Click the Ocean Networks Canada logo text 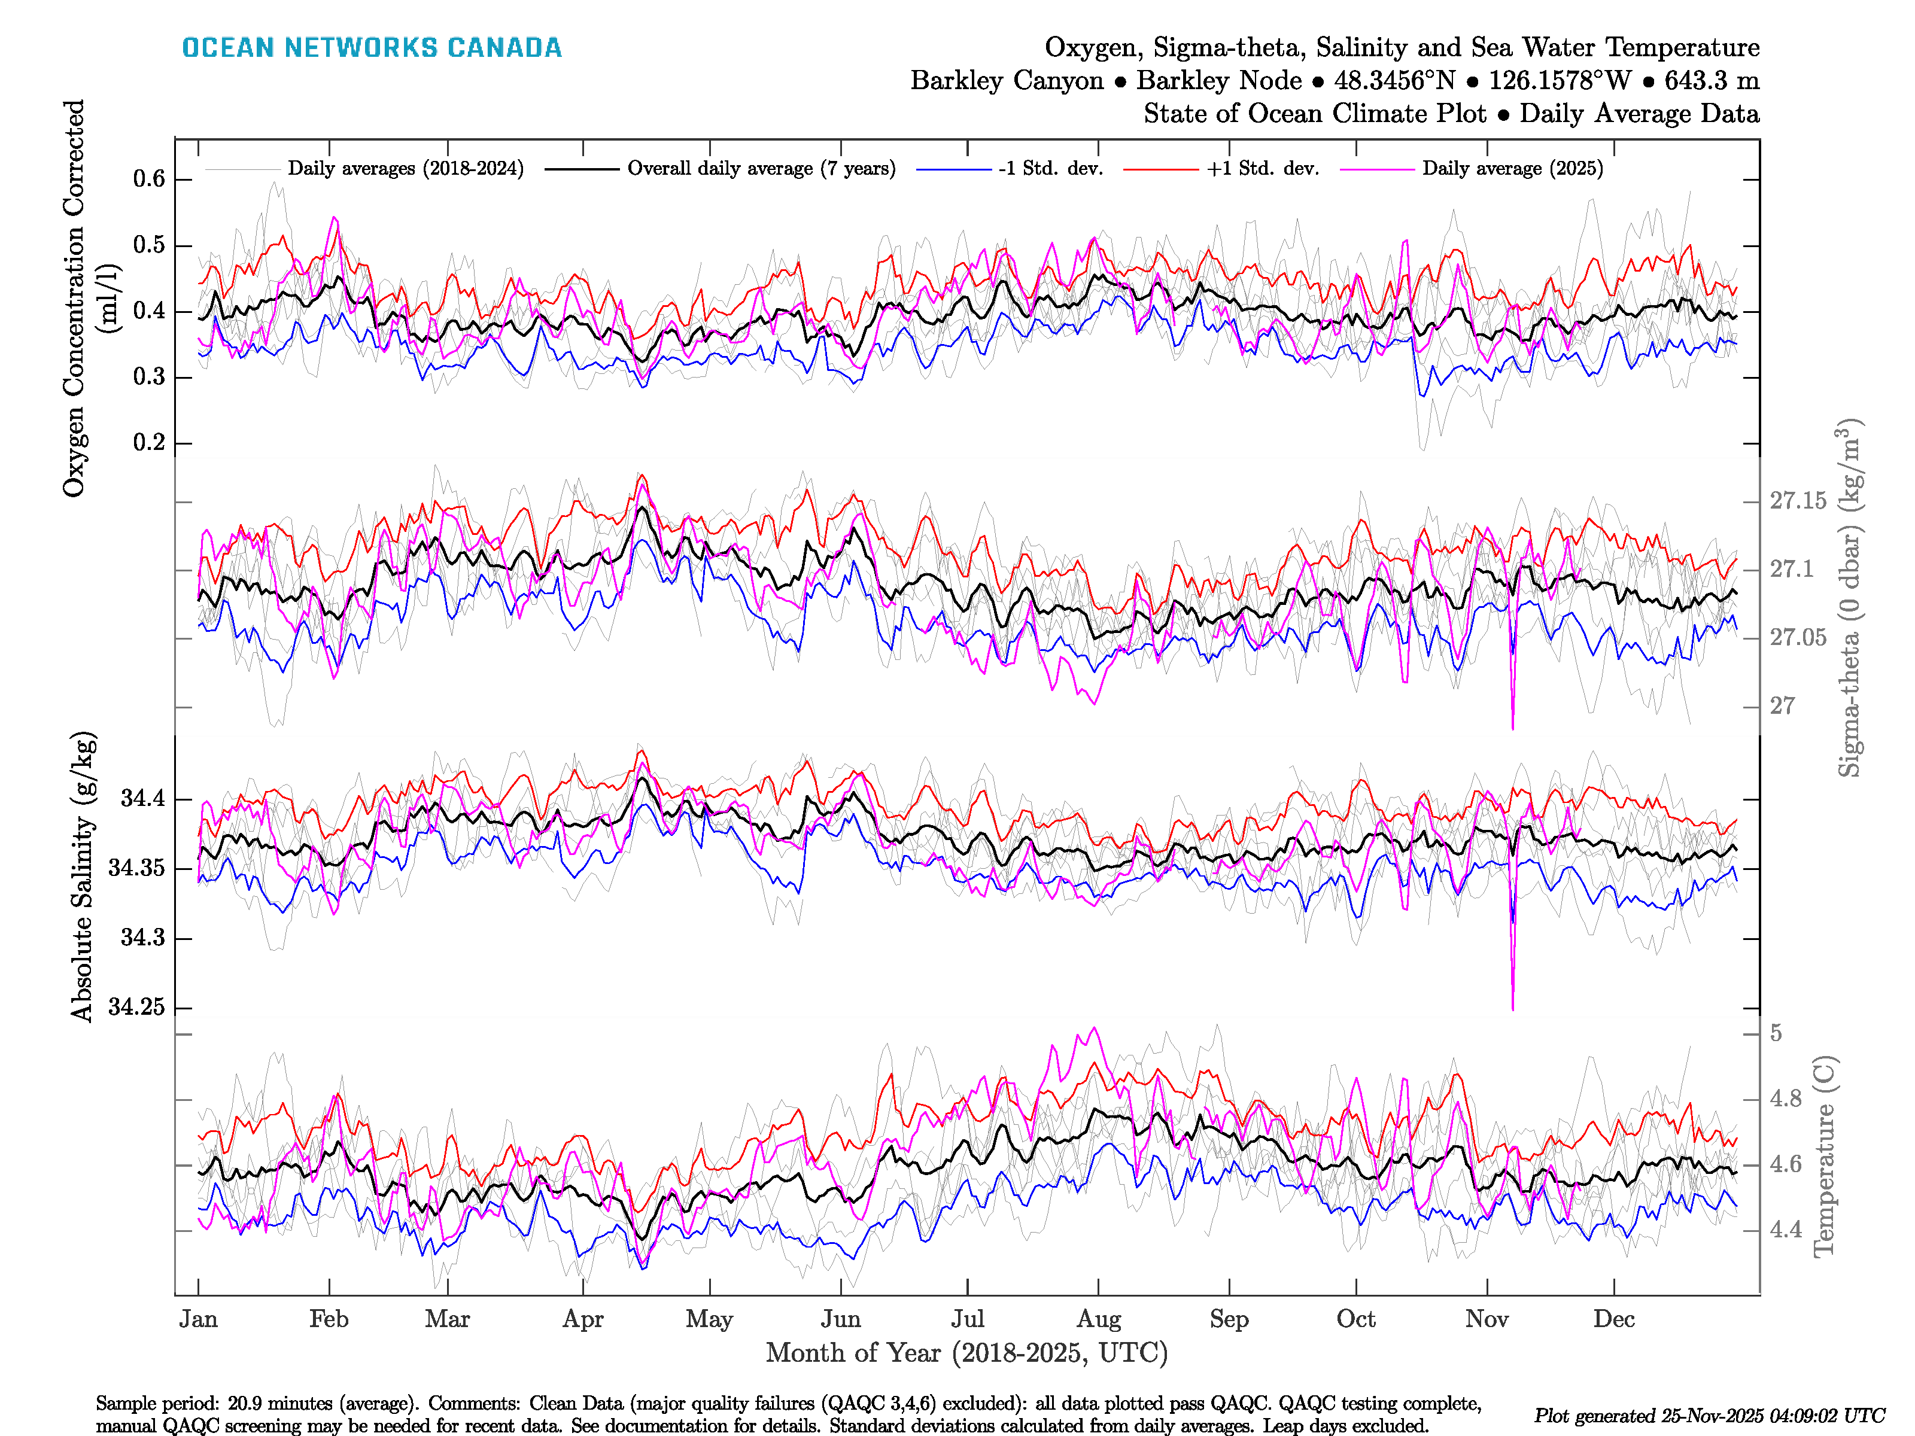point(372,48)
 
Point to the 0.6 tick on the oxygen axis point(149,179)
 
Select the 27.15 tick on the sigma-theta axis point(1797,501)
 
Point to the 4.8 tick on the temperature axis point(1785,1099)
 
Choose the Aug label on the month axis point(1099,1319)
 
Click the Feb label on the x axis point(329,1319)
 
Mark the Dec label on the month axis point(1614,1319)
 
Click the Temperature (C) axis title point(1823,1155)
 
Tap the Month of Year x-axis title point(966,1353)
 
